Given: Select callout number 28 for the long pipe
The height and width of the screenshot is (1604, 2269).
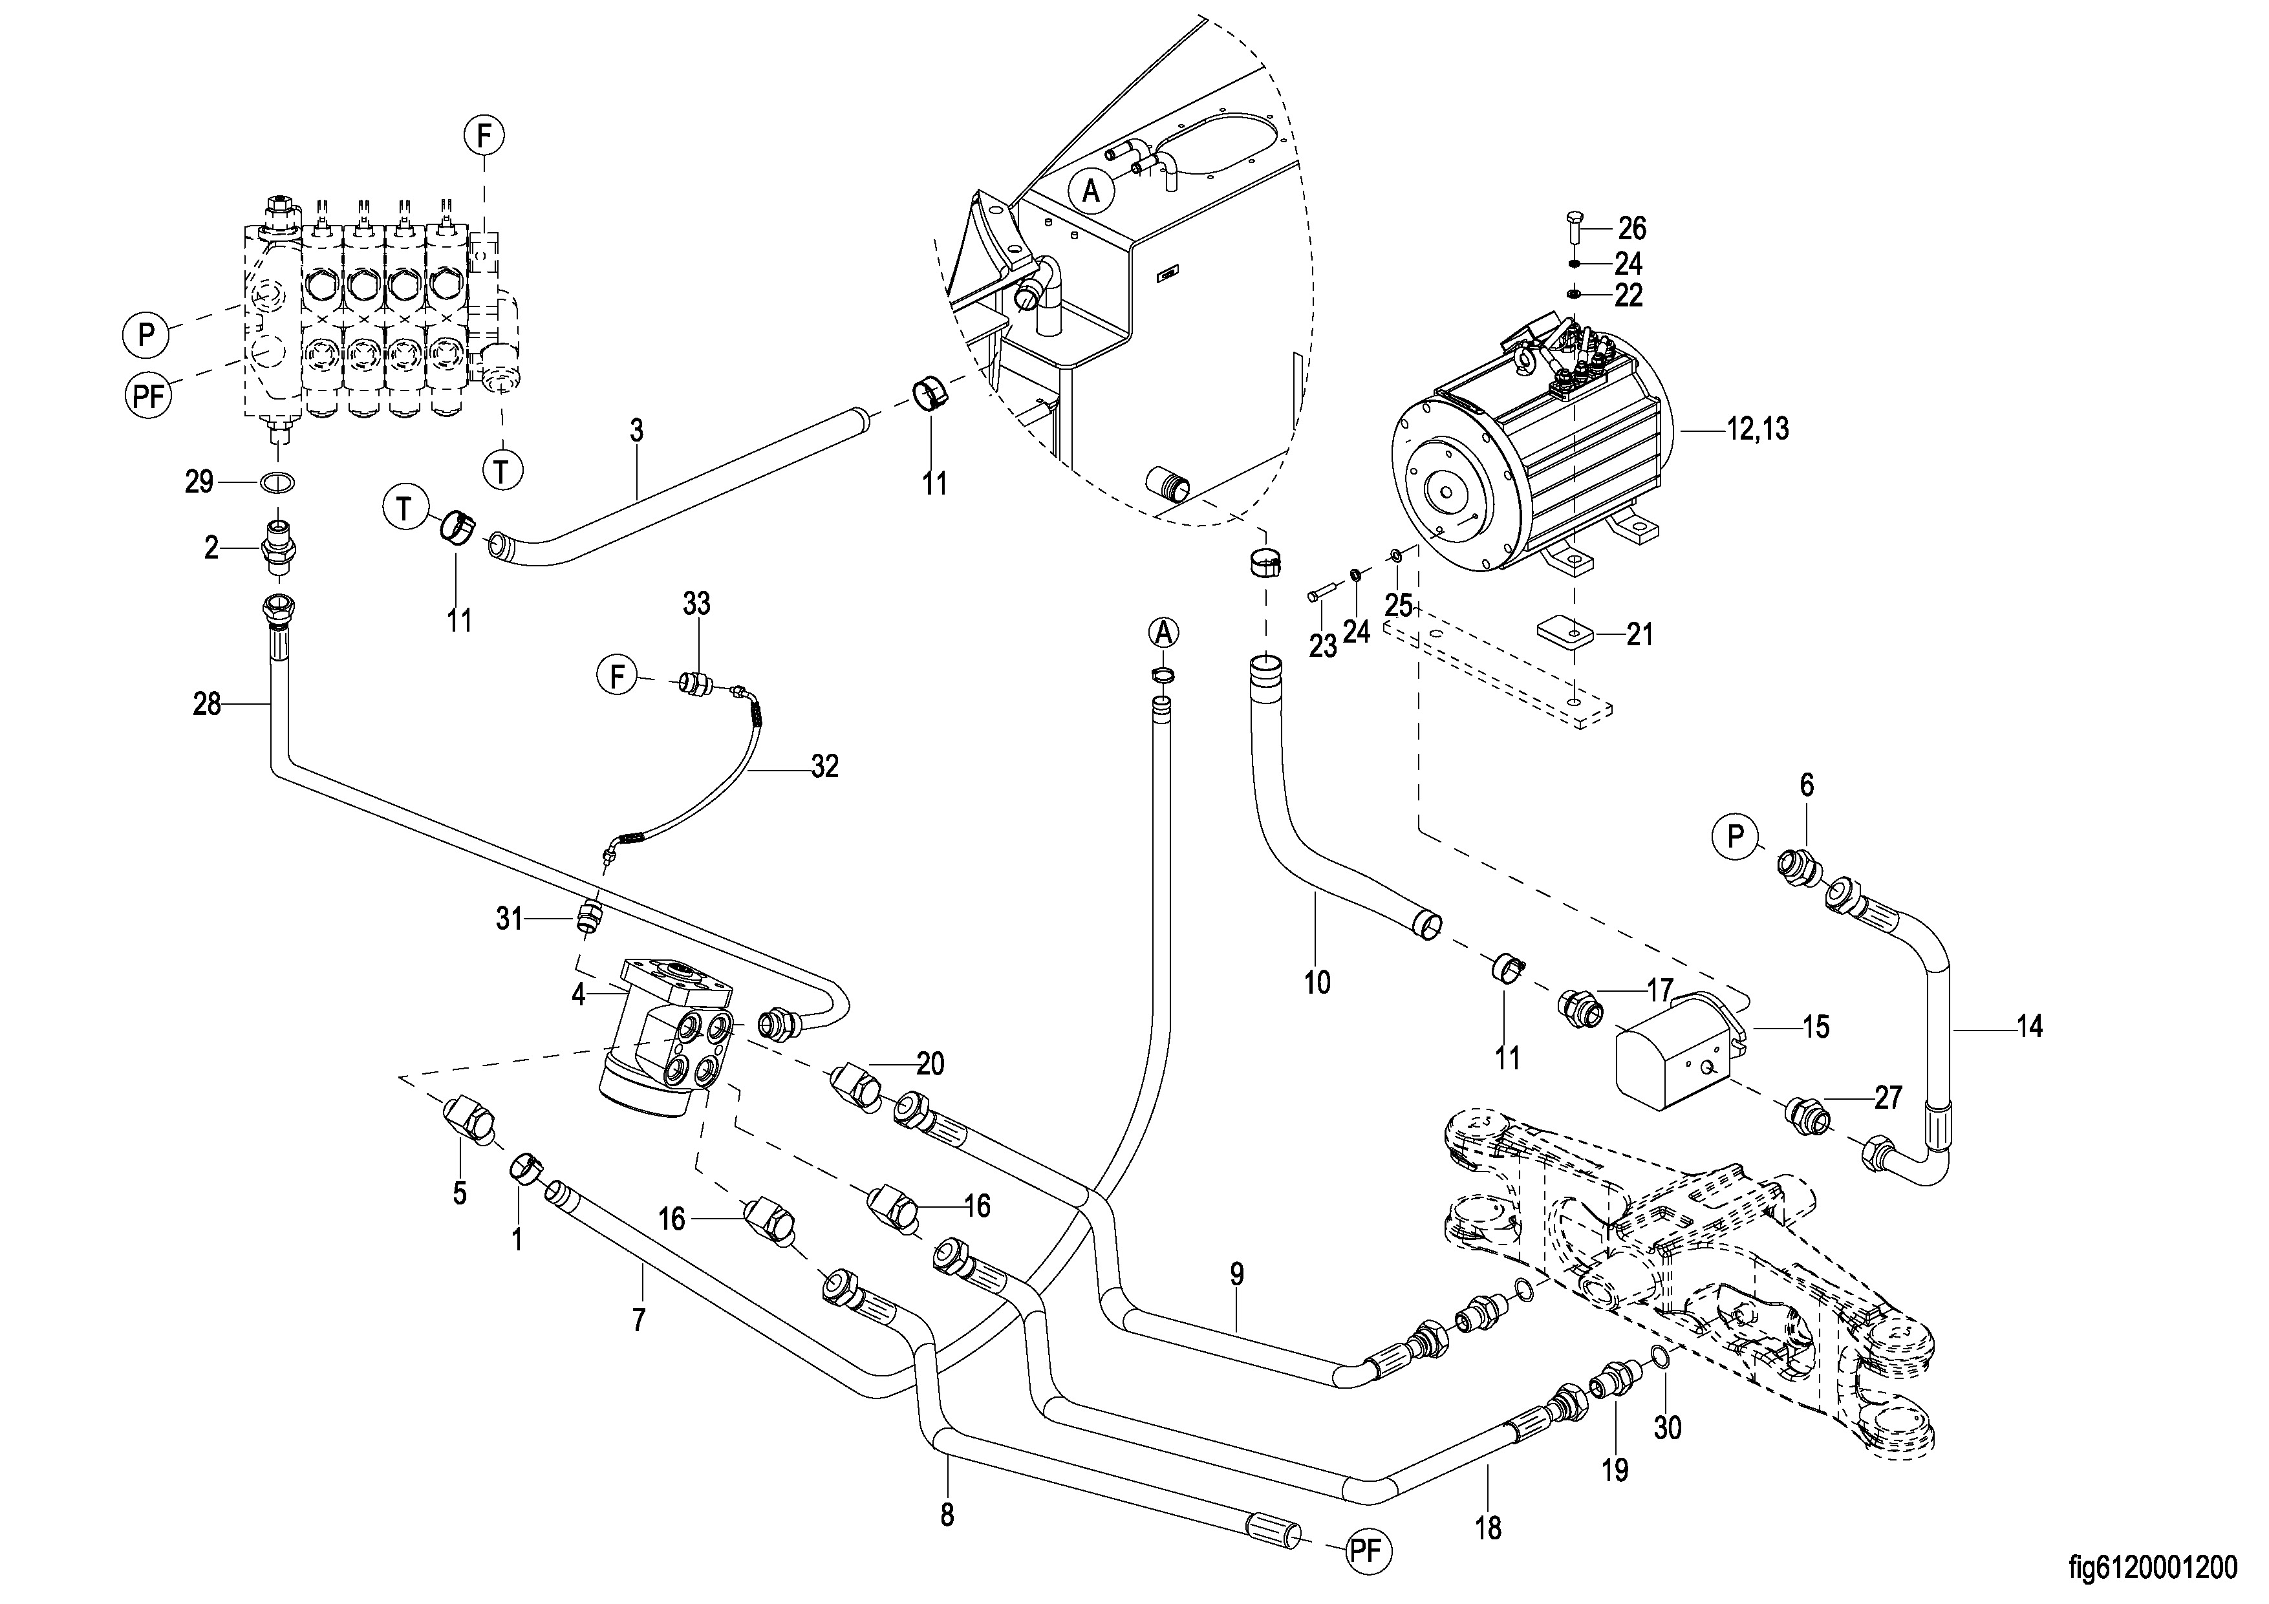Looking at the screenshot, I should pyautogui.click(x=206, y=705).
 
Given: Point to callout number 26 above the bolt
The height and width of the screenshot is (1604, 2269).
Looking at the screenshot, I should pyautogui.click(x=1631, y=230).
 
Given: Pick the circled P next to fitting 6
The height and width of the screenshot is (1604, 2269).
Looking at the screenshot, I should pyautogui.click(x=1736, y=837).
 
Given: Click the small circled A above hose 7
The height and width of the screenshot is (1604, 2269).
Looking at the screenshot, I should pyautogui.click(x=1164, y=632).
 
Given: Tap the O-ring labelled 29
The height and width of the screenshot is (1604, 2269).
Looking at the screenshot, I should pyautogui.click(x=277, y=482).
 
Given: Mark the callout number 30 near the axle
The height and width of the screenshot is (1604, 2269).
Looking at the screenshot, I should pyautogui.click(x=1667, y=1428).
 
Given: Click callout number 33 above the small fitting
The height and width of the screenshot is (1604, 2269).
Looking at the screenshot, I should pyautogui.click(x=696, y=603).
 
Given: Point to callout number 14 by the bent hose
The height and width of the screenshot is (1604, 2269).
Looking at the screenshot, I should pyautogui.click(x=2029, y=1028).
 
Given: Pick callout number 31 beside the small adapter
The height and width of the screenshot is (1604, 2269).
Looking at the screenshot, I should pyautogui.click(x=509, y=919).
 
